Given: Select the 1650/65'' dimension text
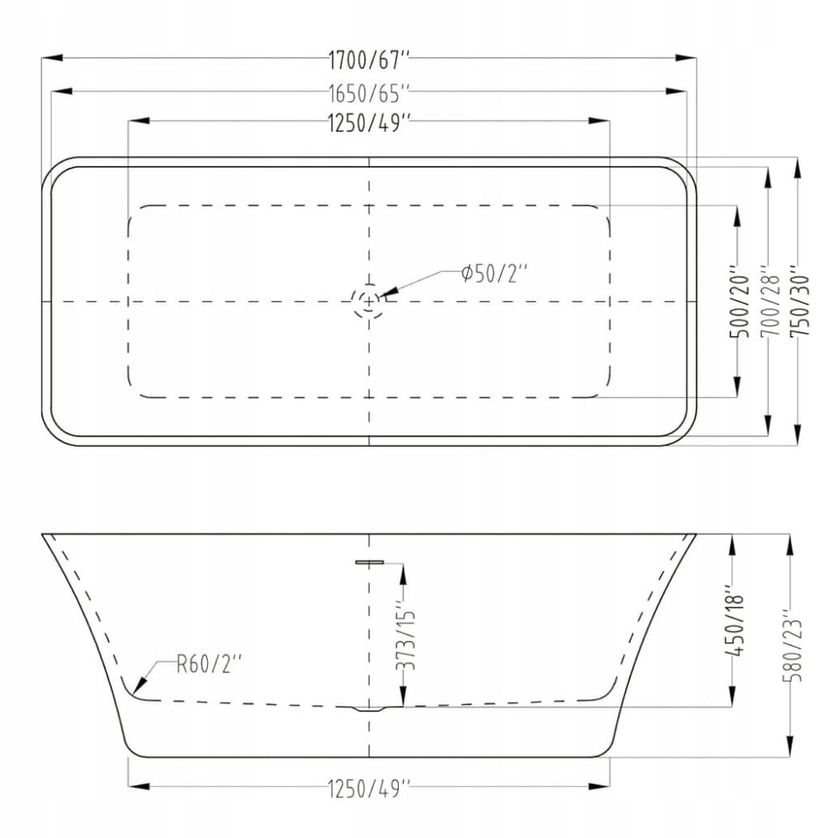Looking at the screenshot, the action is point(369,94).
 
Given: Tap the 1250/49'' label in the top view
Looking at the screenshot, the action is point(369,123).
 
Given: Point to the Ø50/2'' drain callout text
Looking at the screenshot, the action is point(494,274).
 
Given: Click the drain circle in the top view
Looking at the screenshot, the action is point(369,302).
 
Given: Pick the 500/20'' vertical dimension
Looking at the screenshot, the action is point(740,302).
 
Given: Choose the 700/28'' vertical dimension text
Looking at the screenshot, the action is point(770,302).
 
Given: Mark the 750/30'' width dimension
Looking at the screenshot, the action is point(800,302).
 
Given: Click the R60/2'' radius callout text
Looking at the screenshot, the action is point(209,665).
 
